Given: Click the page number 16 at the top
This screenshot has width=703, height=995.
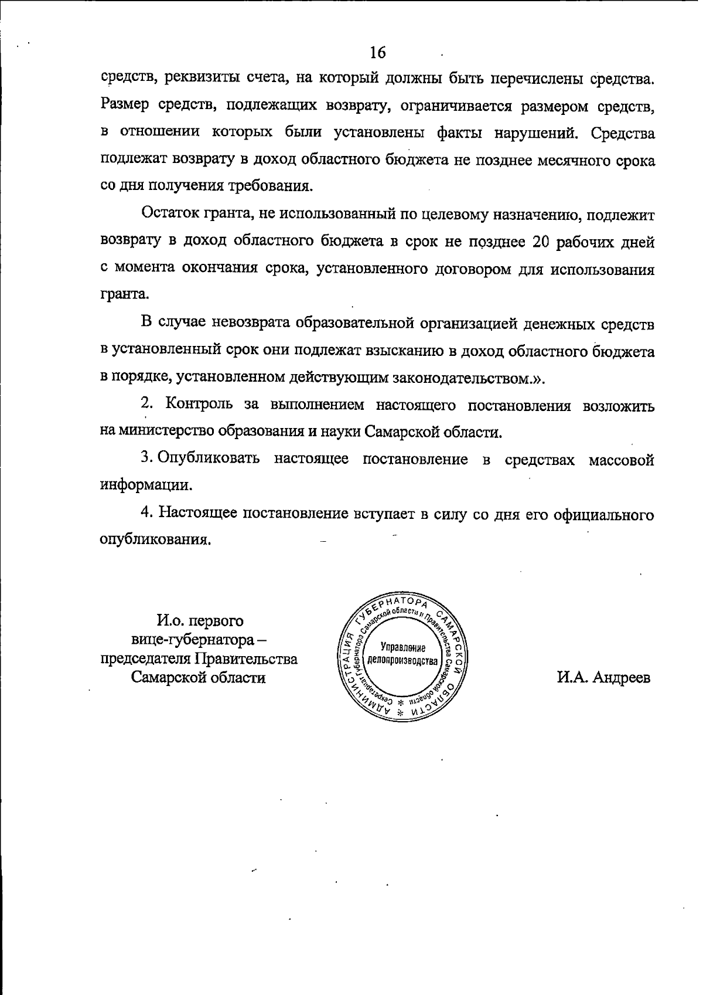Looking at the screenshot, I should pyautogui.click(x=378, y=53).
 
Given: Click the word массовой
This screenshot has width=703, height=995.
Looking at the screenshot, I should pyautogui.click(x=622, y=460).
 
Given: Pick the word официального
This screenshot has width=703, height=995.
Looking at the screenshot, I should pyautogui.click(x=603, y=514).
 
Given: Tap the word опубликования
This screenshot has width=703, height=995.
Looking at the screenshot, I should pyautogui.click(x=155, y=540).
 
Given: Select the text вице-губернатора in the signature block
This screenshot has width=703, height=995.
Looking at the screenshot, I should pyautogui.click(x=192, y=639).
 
